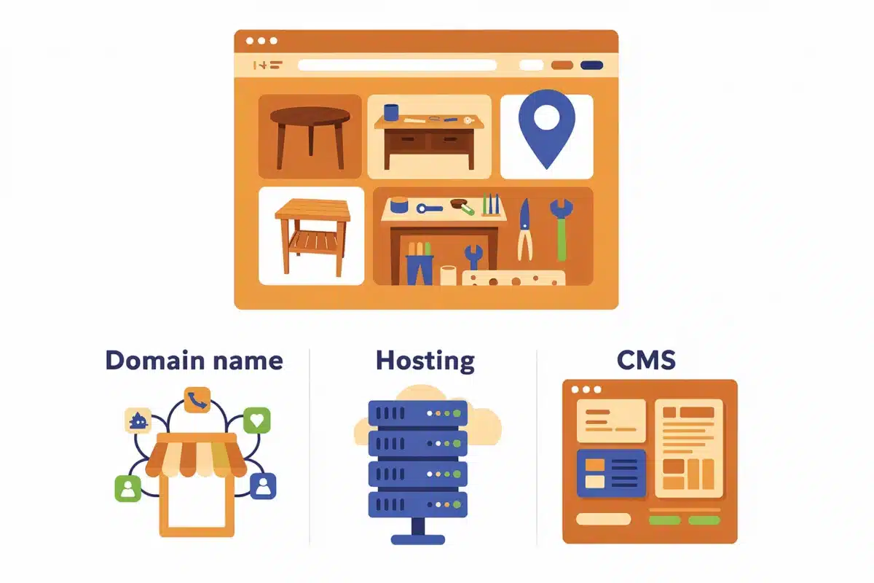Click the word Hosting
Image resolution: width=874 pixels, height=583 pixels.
[x=425, y=361]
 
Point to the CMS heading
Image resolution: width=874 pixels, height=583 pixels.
[x=646, y=360]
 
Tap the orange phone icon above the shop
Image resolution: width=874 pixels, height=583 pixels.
[x=197, y=399]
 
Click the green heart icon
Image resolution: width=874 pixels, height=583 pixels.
[x=256, y=420]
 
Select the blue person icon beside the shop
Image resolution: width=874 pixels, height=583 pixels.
[x=263, y=486]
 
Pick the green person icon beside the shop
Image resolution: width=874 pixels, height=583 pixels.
[x=127, y=488]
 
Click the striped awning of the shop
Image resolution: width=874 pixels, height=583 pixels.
[x=196, y=455]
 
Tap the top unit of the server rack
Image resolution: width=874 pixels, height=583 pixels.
[x=417, y=413]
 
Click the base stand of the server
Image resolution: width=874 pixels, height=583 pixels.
[x=418, y=532]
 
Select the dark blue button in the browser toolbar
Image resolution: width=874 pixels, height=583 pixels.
[x=591, y=65]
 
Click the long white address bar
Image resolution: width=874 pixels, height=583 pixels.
[x=397, y=65]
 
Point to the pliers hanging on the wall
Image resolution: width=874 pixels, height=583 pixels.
[x=525, y=230]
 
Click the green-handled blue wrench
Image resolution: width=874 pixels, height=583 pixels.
[x=562, y=230]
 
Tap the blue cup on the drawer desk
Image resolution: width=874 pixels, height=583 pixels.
[x=391, y=112]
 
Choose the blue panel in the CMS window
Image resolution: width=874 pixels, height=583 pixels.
[x=611, y=473]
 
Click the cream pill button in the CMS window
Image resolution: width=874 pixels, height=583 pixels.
[x=603, y=519]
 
